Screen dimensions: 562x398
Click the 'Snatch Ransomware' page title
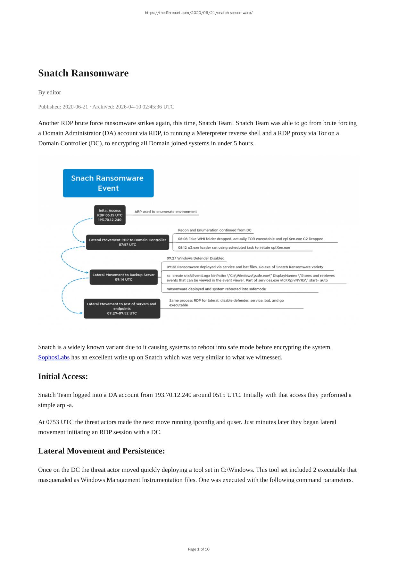(x=83, y=73)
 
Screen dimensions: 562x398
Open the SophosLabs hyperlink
(x=54, y=357)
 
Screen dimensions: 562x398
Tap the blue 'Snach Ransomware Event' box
(x=108, y=183)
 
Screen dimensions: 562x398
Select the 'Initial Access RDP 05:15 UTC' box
(x=110, y=215)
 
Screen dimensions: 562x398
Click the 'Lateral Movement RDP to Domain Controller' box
(x=128, y=242)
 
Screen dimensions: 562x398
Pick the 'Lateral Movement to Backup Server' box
(x=124, y=277)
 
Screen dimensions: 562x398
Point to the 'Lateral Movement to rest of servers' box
(x=122, y=309)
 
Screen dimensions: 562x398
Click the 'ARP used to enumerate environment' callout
(x=165, y=212)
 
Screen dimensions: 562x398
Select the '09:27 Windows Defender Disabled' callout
(x=195, y=258)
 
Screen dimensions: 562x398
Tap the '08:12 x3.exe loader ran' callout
(x=234, y=248)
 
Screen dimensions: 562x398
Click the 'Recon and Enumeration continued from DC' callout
(x=215, y=230)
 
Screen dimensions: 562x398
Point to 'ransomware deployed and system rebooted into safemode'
(x=216, y=289)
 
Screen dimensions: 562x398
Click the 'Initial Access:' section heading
(x=63, y=376)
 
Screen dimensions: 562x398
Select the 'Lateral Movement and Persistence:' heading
(x=101, y=451)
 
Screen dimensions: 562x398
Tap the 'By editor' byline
(x=50, y=92)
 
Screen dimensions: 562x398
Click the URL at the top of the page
(x=199, y=13)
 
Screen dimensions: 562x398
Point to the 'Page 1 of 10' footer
(x=199, y=549)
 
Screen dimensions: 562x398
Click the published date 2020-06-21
(x=75, y=107)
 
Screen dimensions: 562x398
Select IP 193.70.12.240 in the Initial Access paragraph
(x=173, y=395)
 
